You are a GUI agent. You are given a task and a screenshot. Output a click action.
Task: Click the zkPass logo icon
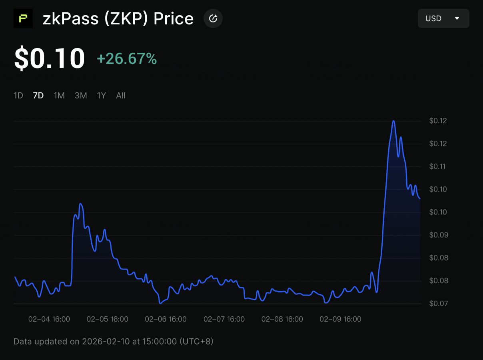(x=23, y=18)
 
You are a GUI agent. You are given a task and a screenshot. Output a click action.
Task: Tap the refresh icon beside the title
(x=213, y=18)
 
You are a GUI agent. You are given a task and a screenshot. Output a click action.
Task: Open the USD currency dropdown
(x=443, y=18)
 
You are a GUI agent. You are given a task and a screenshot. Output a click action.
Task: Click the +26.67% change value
(x=127, y=59)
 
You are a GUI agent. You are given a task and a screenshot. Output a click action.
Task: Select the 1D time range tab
(x=18, y=95)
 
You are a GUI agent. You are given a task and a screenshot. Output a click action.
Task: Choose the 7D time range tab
(x=38, y=95)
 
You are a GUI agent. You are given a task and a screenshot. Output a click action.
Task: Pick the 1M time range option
(x=59, y=95)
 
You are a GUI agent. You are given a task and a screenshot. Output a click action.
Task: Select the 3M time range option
(x=81, y=95)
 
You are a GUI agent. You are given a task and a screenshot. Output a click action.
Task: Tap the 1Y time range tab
(x=102, y=95)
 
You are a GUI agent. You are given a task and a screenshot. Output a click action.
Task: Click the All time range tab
(x=121, y=95)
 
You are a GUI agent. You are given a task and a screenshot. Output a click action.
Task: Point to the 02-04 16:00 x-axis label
(x=49, y=319)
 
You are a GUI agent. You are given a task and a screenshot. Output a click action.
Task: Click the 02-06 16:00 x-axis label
(x=166, y=319)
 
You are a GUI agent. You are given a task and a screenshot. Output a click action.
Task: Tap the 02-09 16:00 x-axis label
(x=340, y=319)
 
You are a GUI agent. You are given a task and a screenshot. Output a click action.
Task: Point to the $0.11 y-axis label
(x=438, y=166)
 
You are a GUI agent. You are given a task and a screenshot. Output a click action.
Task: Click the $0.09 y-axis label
(x=438, y=235)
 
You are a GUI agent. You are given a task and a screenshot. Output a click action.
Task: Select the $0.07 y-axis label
(x=438, y=304)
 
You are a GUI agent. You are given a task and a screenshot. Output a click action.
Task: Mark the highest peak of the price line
(x=394, y=121)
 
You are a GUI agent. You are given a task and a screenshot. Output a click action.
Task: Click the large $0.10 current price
(x=50, y=58)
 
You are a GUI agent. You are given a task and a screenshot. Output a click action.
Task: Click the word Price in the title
(x=174, y=18)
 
